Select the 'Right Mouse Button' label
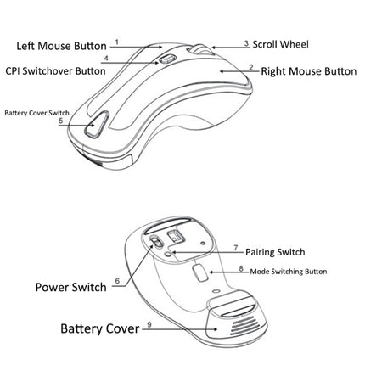click(308, 72)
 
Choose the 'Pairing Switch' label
click(275, 252)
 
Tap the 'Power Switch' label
click(71, 287)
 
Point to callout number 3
click(246, 42)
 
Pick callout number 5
click(60, 121)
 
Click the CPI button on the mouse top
click(167, 59)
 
